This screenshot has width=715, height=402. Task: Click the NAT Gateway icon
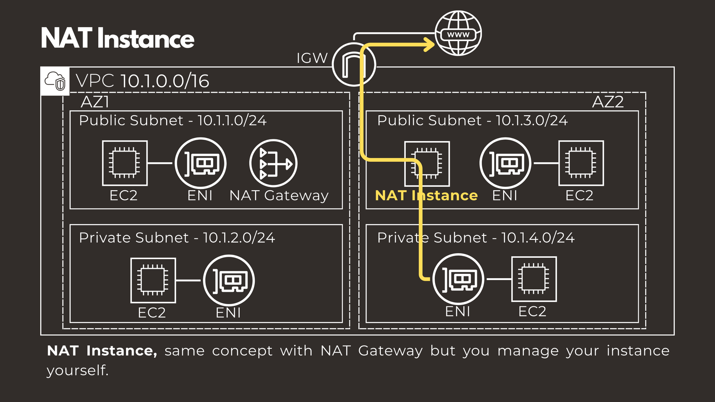point(273,163)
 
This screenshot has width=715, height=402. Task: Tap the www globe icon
point(458,33)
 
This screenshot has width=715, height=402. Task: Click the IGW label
point(312,58)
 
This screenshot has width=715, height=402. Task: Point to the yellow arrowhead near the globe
point(429,44)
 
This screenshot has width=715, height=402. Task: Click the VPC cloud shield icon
point(55,81)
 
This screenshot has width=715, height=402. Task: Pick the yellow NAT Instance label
point(426,195)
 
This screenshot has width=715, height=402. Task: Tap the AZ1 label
point(95,102)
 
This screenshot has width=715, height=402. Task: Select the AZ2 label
point(607,102)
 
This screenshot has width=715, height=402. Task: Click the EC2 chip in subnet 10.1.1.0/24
point(125,163)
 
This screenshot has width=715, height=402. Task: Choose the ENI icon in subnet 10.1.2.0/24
point(229,281)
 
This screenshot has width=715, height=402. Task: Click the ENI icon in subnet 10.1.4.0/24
point(458,279)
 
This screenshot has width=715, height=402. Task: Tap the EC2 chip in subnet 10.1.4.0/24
point(534,279)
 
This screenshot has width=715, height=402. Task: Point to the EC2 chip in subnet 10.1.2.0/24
point(153,281)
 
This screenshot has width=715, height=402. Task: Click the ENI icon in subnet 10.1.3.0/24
point(505,163)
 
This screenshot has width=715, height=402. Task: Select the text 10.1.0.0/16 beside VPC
point(164,81)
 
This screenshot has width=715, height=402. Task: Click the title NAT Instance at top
point(118,38)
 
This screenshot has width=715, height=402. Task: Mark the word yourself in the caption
point(77,370)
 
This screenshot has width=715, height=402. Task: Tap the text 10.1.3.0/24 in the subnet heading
point(531,121)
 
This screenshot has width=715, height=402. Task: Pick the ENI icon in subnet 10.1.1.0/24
point(201,163)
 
